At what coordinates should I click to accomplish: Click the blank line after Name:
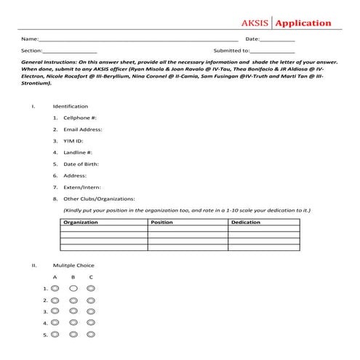tap(138, 39)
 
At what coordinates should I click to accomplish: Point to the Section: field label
tap(31, 51)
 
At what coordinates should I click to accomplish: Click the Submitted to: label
tap(231, 51)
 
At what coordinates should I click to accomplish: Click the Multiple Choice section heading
tap(73, 265)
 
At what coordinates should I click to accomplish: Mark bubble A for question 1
tap(55, 289)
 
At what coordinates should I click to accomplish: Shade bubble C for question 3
tap(90, 311)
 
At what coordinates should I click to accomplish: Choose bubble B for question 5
tap(73, 335)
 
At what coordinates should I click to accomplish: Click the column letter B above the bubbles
tap(73, 277)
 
